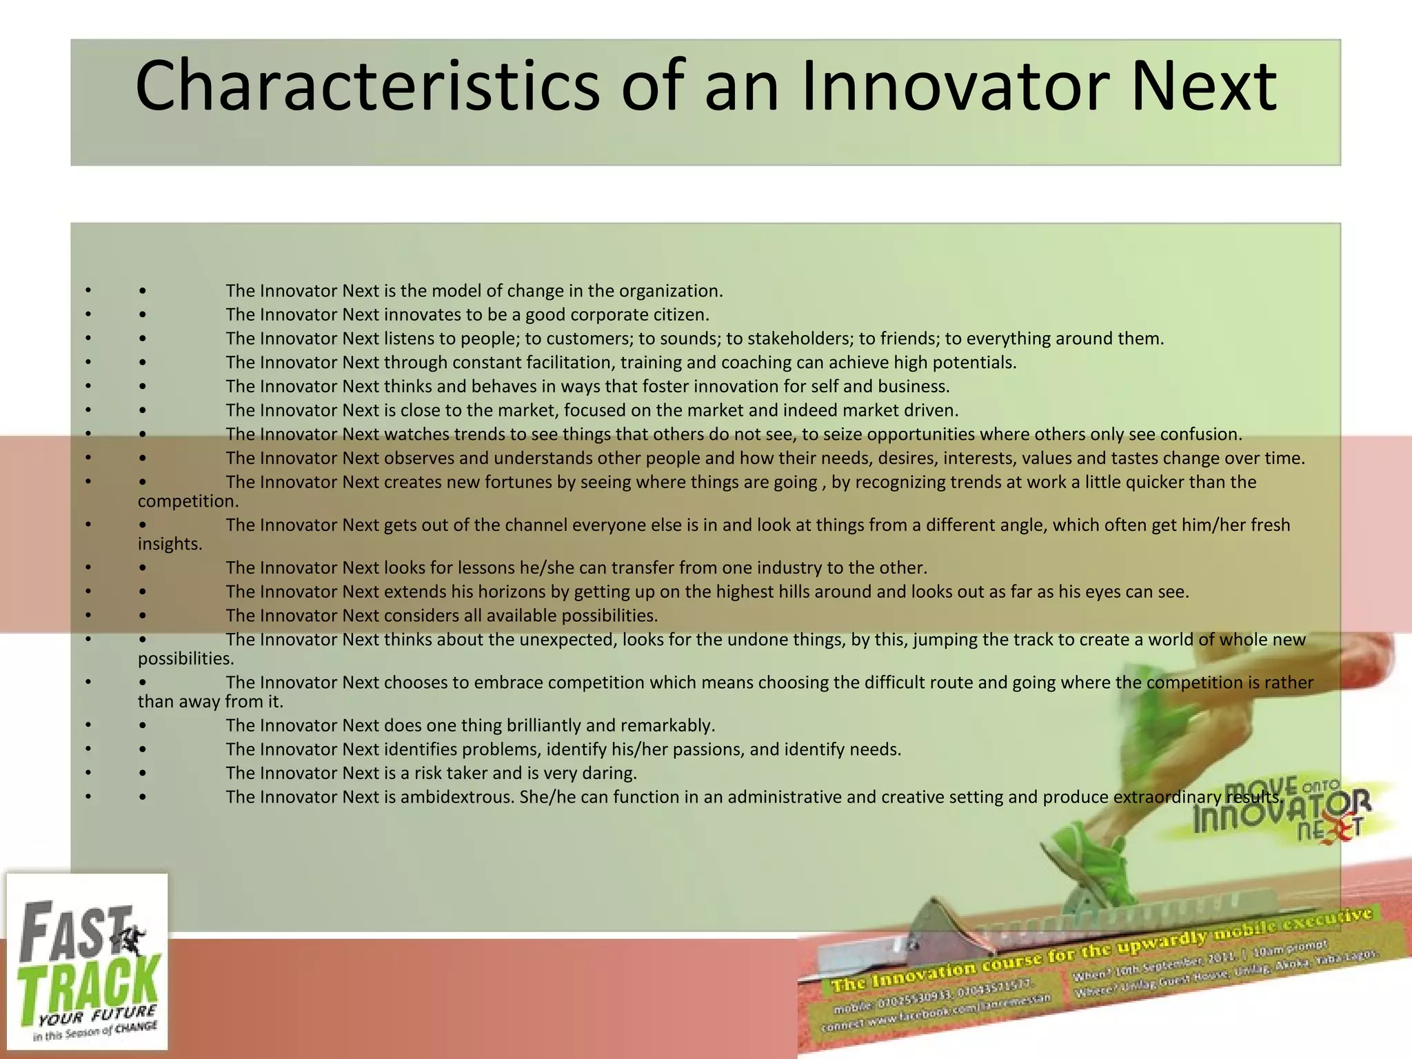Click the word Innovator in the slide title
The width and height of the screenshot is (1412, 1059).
(956, 86)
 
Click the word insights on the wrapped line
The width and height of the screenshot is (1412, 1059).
(170, 544)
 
